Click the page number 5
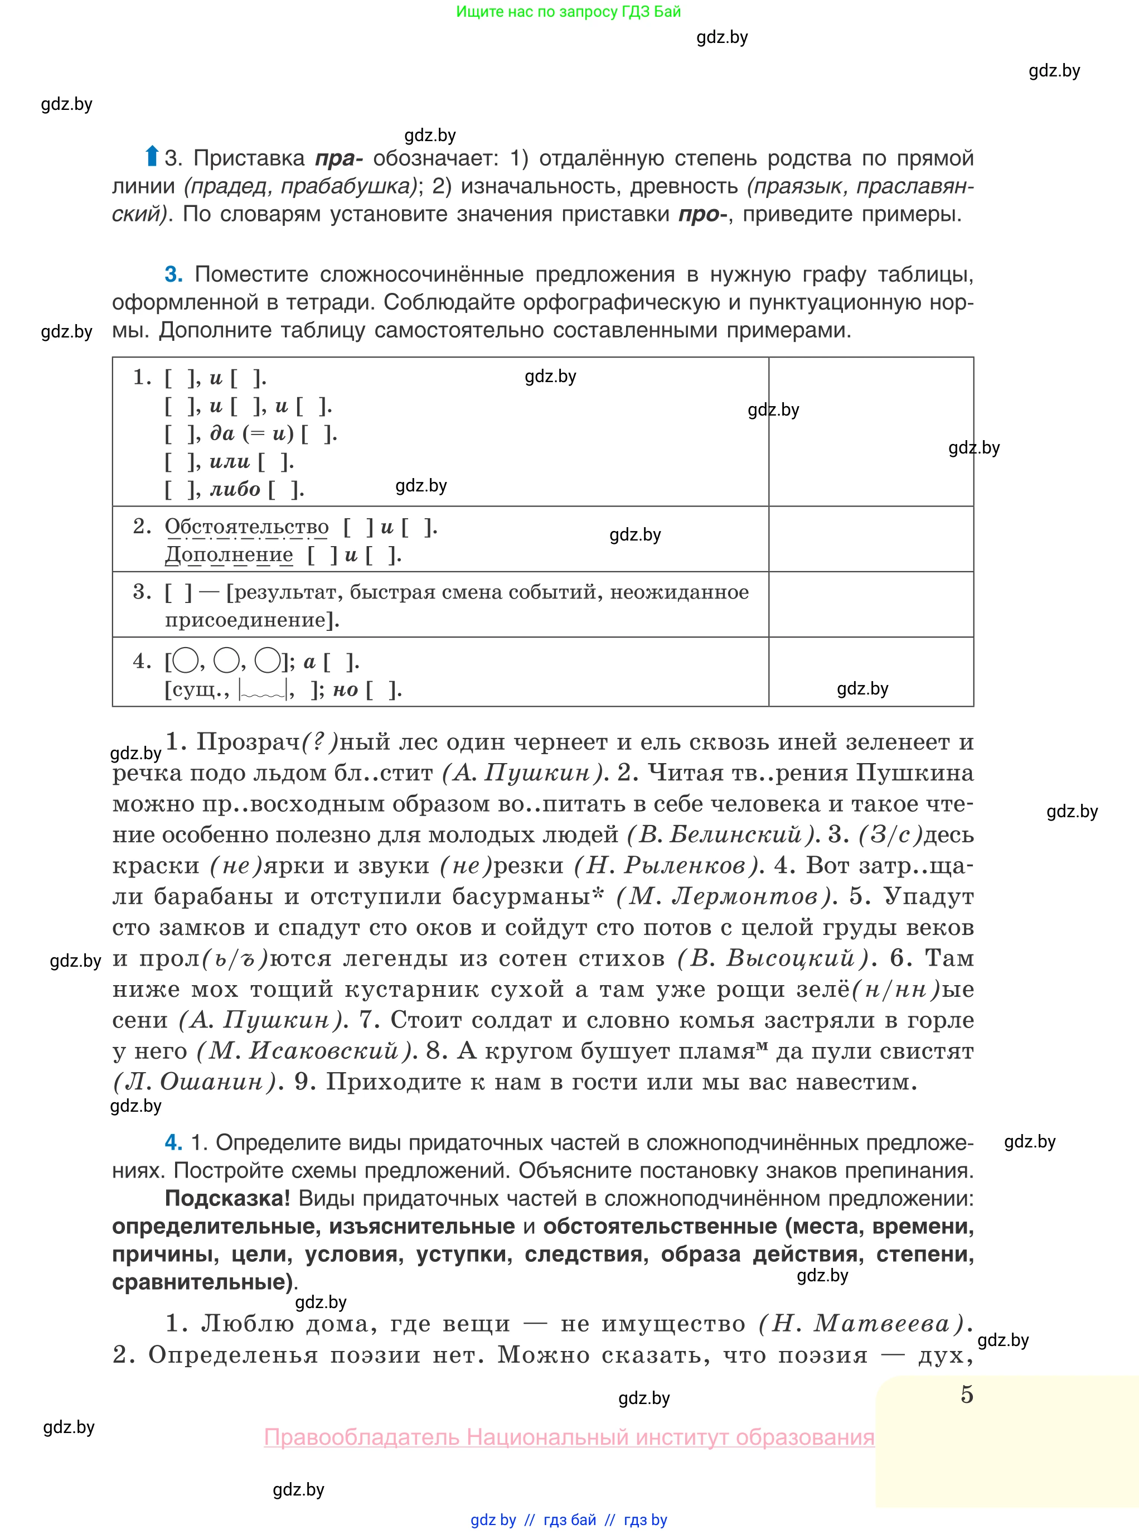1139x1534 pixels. pyautogui.click(x=967, y=1395)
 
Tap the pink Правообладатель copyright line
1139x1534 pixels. pyautogui.click(x=569, y=1437)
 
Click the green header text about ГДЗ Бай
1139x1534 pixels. pyautogui.click(x=568, y=11)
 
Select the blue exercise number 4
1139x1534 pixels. pyautogui.click(x=173, y=1143)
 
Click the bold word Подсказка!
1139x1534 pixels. pyautogui.click(x=227, y=1198)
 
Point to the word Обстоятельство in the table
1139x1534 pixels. pyautogui.click(x=246, y=527)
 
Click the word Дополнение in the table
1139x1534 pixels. pyautogui.click(x=229, y=555)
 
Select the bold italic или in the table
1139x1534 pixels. pyautogui.click(x=230, y=461)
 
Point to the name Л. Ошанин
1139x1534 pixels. pyautogui.click(x=195, y=1082)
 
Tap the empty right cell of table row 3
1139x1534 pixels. pyautogui.click(x=871, y=604)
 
